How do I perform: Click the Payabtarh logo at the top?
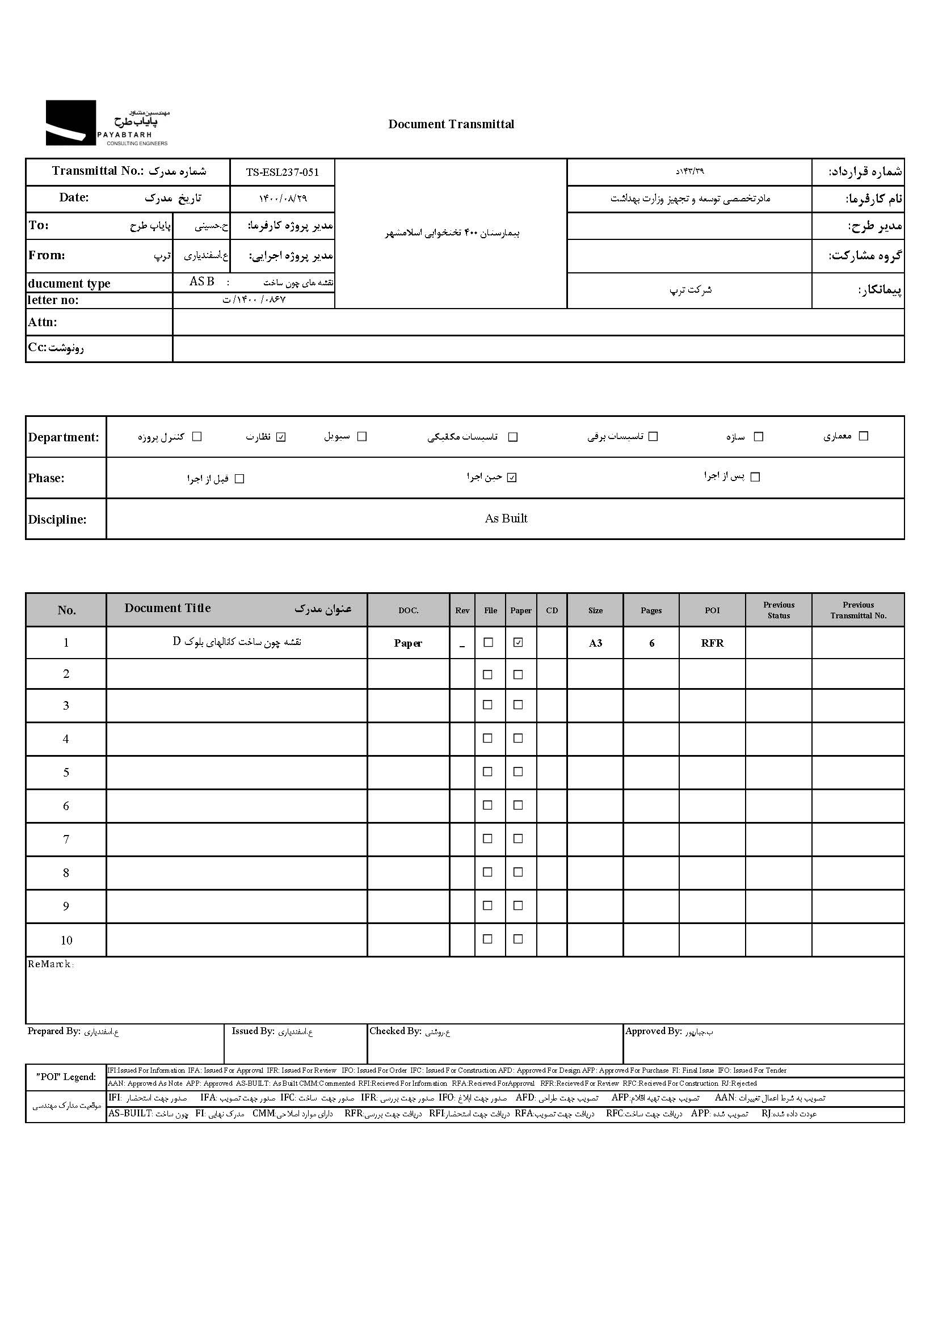(108, 123)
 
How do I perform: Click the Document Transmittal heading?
(451, 124)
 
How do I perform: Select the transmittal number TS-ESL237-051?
(282, 172)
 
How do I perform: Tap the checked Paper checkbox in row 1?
(518, 642)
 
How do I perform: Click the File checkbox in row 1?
(489, 642)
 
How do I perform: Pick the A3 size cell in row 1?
(595, 643)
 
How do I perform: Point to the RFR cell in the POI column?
(712, 643)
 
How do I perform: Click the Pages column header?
(651, 610)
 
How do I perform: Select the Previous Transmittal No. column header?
(858, 610)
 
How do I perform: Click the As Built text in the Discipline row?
(506, 518)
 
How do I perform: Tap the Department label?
(63, 437)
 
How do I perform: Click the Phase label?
(46, 478)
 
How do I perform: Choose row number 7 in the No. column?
(66, 840)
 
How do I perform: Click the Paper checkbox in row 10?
(518, 939)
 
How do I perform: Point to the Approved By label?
(653, 1031)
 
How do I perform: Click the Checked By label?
(396, 1031)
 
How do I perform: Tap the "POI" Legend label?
(66, 1077)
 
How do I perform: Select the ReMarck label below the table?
(51, 964)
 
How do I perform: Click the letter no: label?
(53, 300)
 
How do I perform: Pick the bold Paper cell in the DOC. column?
(408, 643)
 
